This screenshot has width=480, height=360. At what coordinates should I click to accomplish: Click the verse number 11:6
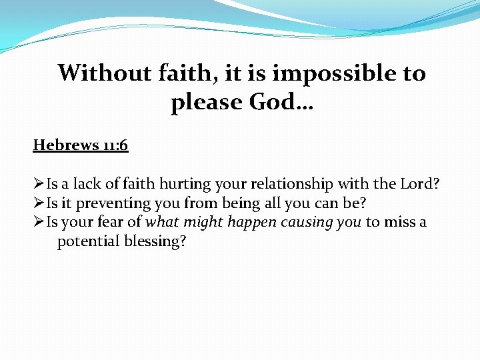point(115,145)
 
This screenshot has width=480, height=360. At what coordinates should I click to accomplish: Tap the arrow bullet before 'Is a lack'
point(39,184)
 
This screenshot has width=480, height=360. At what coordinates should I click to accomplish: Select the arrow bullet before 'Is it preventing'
point(39,203)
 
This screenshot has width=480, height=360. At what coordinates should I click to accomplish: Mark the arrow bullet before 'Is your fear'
point(39,221)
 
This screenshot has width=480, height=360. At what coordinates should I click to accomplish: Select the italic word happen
point(251,222)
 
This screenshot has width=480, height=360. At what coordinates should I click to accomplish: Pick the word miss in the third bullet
point(397,221)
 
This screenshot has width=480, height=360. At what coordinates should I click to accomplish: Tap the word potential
point(88,241)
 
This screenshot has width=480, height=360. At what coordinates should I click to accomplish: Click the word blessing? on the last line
point(155,241)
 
